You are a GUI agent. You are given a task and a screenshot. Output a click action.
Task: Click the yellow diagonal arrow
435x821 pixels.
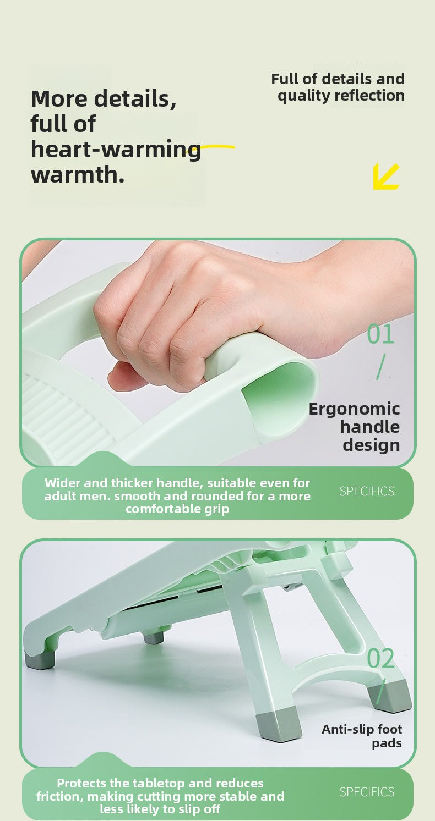(x=385, y=177)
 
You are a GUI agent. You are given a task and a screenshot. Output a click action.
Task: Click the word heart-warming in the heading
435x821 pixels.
(x=116, y=150)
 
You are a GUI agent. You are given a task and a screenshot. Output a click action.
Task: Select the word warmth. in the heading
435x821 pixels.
(x=78, y=174)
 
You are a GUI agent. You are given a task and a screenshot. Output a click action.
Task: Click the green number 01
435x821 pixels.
(x=380, y=334)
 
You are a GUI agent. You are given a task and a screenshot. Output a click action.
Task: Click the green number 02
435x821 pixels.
(x=380, y=658)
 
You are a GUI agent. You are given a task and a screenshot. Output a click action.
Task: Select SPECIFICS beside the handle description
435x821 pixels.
(x=367, y=491)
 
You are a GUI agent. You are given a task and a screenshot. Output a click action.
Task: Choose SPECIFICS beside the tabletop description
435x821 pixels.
(x=367, y=792)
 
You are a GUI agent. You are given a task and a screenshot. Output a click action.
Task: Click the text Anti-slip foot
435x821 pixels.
(x=362, y=729)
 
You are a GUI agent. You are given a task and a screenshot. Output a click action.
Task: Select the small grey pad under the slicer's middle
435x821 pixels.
(x=154, y=638)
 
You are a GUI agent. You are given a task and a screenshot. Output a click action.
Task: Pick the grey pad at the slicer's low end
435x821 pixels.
(x=39, y=660)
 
